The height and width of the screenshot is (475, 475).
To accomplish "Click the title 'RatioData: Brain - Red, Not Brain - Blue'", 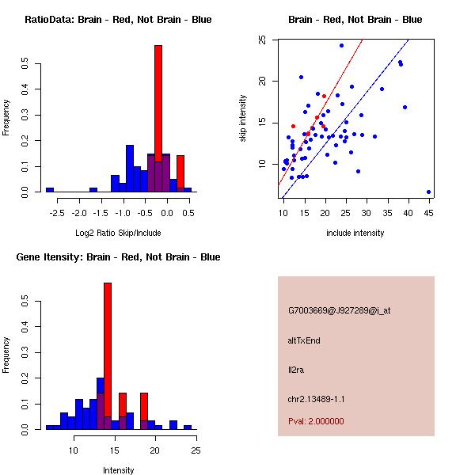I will (117, 20).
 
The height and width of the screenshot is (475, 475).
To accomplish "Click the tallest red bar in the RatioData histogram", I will (158, 119).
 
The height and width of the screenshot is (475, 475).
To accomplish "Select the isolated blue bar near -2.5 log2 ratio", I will (50, 190).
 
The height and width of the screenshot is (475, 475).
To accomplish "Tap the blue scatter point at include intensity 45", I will (428, 192).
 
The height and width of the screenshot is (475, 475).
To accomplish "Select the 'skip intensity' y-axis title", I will (243, 119).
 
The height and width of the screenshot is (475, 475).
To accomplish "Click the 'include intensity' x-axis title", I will (355, 233).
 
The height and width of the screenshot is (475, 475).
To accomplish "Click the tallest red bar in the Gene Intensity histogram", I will (108, 356).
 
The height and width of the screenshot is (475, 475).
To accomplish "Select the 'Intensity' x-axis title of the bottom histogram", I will (119, 470).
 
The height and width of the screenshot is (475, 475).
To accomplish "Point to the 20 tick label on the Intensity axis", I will (155, 451).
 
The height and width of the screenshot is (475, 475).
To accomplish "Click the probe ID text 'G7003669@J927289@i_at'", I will (340, 310).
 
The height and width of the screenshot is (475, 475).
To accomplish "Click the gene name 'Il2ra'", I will (296, 370).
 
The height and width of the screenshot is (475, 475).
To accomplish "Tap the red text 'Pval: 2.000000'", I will (316, 421).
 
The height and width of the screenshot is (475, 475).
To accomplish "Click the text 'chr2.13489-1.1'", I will (317, 398).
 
